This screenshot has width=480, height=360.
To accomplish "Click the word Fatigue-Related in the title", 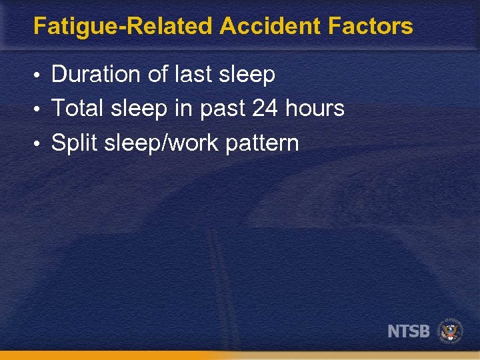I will (x=123, y=27).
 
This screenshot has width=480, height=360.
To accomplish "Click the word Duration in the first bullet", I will (x=97, y=75).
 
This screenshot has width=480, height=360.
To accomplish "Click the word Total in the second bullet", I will (x=79, y=108).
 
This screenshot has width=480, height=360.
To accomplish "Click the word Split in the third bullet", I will (x=74, y=143).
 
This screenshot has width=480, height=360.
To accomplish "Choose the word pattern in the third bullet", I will (x=262, y=143).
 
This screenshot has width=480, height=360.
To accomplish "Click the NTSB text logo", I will (x=409, y=331).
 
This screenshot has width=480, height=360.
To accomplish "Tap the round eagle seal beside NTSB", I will (x=450, y=331).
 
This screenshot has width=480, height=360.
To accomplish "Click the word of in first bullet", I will (x=158, y=75).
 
